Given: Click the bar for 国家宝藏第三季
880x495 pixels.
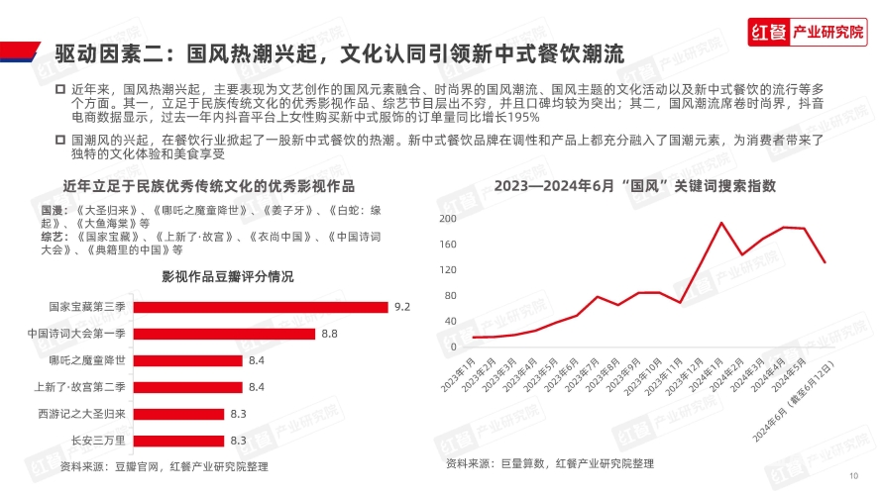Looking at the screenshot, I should click(260, 307).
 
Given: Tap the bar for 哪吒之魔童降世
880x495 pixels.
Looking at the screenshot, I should click(187, 360).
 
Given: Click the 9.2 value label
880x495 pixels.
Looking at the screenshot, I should click(402, 307).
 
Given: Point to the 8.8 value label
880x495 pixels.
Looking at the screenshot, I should click(330, 334).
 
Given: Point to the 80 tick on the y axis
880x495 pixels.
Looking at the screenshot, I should click(450, 295).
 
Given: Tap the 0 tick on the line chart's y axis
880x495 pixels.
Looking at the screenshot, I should click(453, 346).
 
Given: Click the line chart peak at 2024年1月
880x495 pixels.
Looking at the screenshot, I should click(721, 223).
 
